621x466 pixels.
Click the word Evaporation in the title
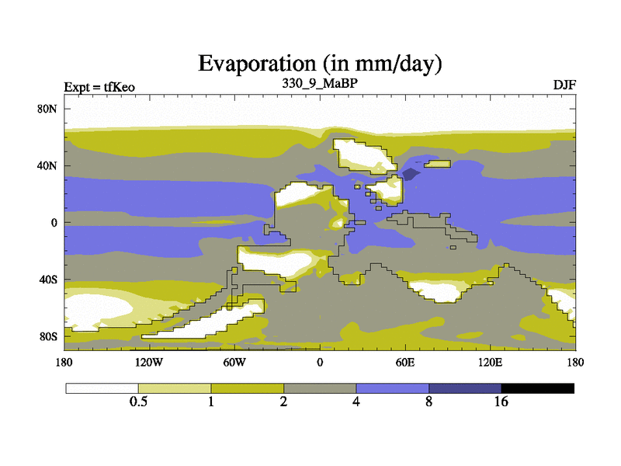pyautogui.click(x=257, y=64)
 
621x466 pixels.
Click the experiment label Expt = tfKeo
pyautogui.click(x=99, y=87)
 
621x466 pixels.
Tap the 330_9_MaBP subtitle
pyautogui.click(x=320, y=84)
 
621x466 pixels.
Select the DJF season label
pyautogui.click(x=564, y=85)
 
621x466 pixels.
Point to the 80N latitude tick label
pyautogui.click(x=47, y=109)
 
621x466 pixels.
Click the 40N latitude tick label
pyautogui.click(x=47, y=165)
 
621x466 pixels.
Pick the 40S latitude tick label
pyautogui.click(x=48, y=280)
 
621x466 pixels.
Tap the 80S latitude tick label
pyautogui.click(x=48, y=337)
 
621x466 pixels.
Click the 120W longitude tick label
pyautogui.click(x=149, y=363)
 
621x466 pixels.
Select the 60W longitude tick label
pyautogui.click(x=234, y=363)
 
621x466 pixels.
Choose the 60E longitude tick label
pyautogui.click(x=405, y=363)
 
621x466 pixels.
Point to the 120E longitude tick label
pyautogui.click(x=491, y=363)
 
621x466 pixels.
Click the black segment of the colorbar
pyautogui.click(x=537, y=388)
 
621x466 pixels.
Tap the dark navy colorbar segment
pyautogui.click(x=465, y=388)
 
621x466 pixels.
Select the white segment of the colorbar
pyautogui.click(x=102, y=388)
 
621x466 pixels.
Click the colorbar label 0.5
pyautogui.click(x=138, y=402)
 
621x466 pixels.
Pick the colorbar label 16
pyautogui.click(x=501, y=402)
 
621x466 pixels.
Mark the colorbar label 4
pyautogui.click(x=356, y=402)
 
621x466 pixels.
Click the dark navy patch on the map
pyautogui.click(x=411, y=173)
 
